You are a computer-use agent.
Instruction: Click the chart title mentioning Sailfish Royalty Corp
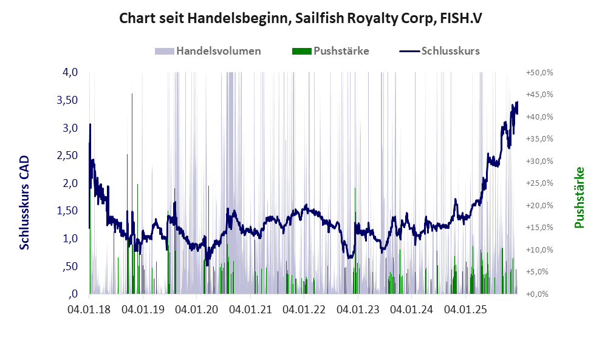301,19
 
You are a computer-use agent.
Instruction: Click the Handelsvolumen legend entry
218,51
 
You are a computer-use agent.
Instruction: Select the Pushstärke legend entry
341,51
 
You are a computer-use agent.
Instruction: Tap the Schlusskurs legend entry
450,51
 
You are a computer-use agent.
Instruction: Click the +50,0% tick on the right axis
538,72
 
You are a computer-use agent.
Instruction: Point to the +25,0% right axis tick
538,183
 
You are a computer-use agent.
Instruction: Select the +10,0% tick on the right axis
538,250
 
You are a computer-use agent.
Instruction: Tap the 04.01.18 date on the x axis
90,310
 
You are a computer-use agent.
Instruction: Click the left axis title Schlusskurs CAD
25,202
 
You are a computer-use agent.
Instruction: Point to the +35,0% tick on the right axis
538,139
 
